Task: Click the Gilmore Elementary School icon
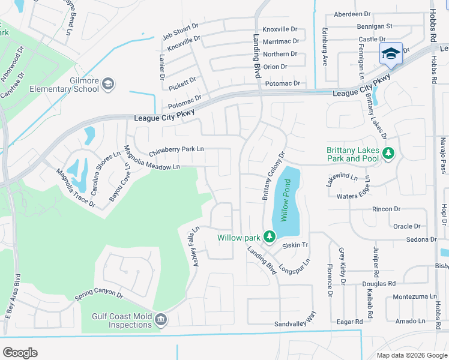tap(108, 83)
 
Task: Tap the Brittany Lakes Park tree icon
tap(388, 154)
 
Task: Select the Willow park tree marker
tap(270, 238)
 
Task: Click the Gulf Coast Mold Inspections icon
tap(160, 320)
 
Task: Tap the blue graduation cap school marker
tap(391, 53)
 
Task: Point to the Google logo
tap(20, 352)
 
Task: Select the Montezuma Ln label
tap(415, 297)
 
